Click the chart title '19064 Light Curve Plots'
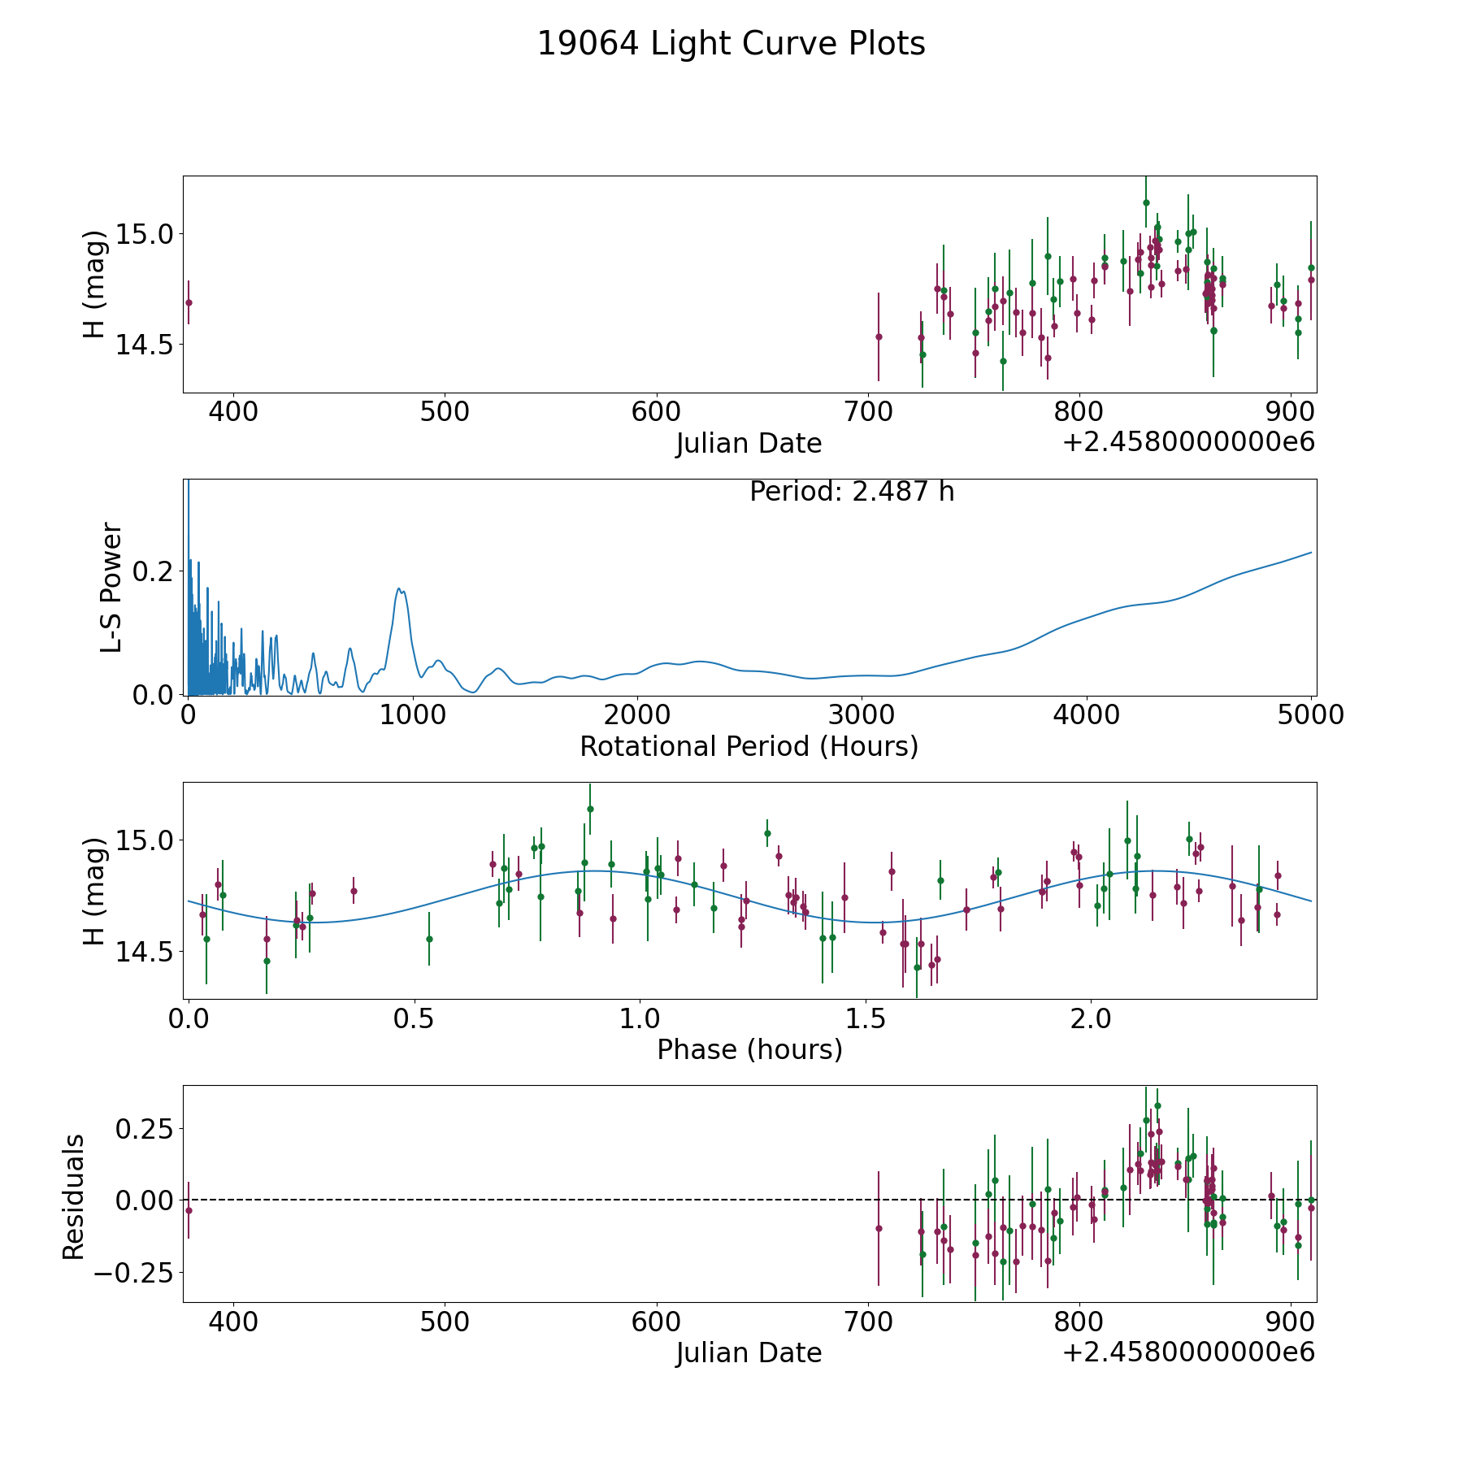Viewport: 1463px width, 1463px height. (x=731, y=44)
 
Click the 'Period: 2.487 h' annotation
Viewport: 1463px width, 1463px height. (x=851, y=492)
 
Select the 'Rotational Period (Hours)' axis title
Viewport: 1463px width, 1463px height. (x=749, y=746)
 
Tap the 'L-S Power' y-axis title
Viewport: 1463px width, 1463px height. (x=111, y=587)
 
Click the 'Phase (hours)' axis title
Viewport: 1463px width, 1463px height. (x=749, y=1049)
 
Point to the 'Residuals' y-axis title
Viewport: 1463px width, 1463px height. (x=74, y=1197)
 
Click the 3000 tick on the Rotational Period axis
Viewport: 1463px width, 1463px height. (x=862, y=715)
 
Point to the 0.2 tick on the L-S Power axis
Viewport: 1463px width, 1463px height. (x=153, y=571)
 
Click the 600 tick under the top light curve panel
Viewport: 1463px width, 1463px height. (x=656, y=412)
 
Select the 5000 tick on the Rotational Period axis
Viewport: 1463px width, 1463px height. (x=1310, y=715)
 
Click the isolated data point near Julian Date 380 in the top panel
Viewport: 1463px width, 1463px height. (x=189, y=302)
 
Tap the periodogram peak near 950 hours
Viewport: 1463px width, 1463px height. (x=399, y=588)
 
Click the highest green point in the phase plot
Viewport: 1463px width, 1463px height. (x=590, y=809)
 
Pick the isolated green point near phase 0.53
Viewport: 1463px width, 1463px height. (x=429, y=939)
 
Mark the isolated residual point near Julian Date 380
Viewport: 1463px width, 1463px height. (x=189, y=1210)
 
